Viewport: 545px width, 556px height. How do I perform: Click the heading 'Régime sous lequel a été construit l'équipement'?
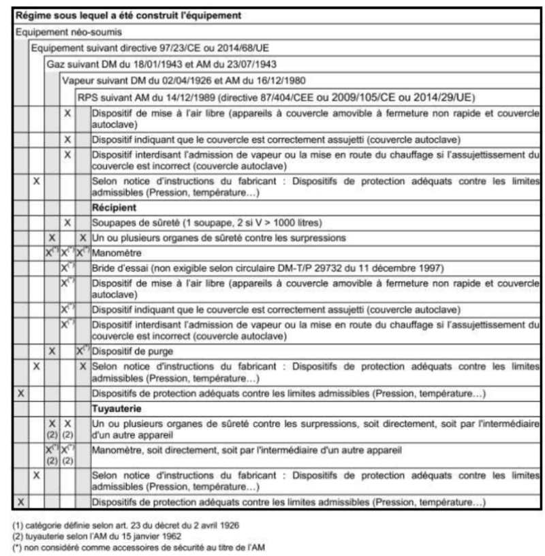click(x=127, y=14)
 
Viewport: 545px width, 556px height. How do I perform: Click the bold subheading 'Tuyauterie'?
click(x=115, y=409)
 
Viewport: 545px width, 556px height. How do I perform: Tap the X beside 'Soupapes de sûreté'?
click(x=67, y=222)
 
